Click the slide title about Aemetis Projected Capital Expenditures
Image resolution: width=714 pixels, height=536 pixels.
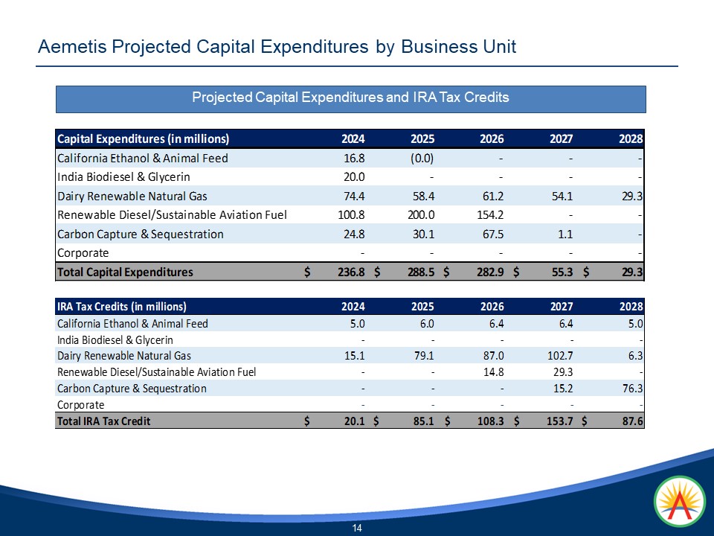[277, 47]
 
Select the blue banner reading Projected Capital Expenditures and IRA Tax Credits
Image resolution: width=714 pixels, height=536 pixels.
[350, 98]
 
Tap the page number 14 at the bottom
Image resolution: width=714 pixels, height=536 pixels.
[357, 528]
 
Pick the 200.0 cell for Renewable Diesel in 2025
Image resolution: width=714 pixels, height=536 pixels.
[420, 214]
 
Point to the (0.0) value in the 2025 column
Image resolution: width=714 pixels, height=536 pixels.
[420, 158]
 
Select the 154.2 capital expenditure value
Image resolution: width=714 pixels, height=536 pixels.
[489, 214]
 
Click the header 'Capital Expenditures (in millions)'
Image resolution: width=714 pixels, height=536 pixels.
[143, 139]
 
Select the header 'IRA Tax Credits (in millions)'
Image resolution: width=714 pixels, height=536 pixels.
[121, 307]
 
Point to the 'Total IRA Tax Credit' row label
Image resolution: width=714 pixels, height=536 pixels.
[103, 421]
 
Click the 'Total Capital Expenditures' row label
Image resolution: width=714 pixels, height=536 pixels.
[124, 272]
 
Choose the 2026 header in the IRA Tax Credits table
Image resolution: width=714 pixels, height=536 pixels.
[492, 307]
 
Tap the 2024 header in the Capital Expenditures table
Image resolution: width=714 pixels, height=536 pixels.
[353, 139]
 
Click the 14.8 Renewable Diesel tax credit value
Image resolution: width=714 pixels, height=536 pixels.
[493, 372]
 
